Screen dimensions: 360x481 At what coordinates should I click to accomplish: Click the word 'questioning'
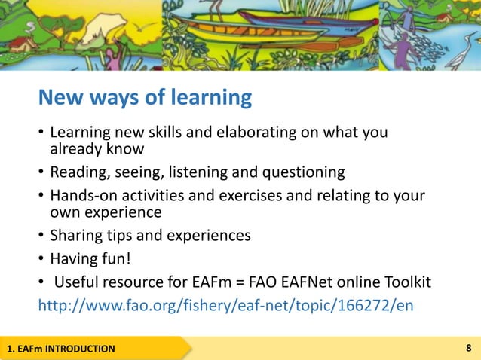pyautogui.click(x=303, y=172)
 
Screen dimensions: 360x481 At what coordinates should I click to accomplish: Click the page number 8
pyautogui.click(x=469, y=348)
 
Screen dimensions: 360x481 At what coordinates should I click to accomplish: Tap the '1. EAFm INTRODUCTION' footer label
pyautogui.click(x=61, y=349)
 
